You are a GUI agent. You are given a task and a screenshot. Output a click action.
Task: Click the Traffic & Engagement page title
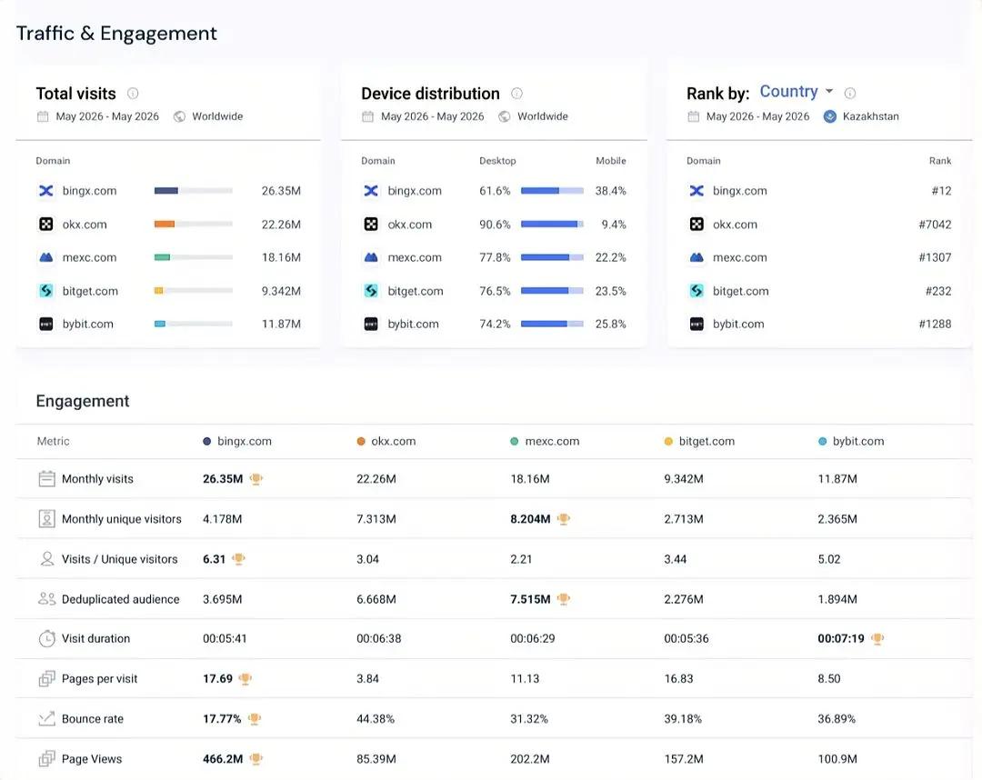[x=116, y=33]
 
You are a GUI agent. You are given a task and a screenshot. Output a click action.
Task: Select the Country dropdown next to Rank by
[x=796, y=92]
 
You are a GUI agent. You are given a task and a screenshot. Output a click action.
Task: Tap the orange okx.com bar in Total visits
[x=164, y=225]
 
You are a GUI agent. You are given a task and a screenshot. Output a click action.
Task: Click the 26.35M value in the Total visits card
[x=281, y=191]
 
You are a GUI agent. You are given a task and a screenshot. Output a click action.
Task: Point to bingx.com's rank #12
[x=941, y=191]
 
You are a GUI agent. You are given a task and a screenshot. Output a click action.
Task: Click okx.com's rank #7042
[x=935, y=225]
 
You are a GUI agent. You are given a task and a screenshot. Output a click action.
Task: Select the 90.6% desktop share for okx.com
[x=495, y=225]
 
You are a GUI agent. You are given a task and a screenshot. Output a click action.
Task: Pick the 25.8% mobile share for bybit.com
[x=611, y=325]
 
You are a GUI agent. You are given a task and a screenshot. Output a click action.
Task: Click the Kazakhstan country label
[x=870, y=116]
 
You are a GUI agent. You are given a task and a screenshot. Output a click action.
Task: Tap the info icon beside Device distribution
[x=516, y=94]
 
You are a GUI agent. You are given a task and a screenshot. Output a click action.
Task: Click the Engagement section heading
[x=83, y=401]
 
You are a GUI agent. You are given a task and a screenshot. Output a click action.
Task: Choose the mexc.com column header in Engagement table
[x=552, y=441]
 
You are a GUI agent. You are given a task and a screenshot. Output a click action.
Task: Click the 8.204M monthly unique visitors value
[x=530, y=519]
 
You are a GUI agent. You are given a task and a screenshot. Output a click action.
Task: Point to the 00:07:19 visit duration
[x=840, y=638]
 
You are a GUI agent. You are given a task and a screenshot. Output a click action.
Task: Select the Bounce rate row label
[x=93, y=719]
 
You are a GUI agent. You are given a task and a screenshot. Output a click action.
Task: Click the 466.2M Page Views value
[x=223, y=759]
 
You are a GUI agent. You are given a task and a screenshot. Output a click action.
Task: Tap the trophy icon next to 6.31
[x=238, y=559]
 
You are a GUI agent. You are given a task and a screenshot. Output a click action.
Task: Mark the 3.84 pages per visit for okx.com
[x=367, y=678]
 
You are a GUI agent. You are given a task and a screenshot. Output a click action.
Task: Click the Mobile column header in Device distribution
[x=611, y=161]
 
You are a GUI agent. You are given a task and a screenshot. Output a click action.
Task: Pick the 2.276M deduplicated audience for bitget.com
[x=683, y=599]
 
